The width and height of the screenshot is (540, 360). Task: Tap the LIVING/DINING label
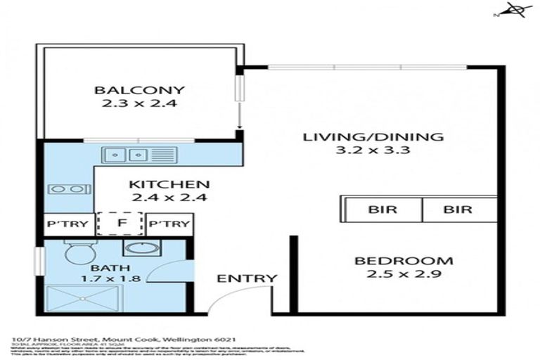point(373,136)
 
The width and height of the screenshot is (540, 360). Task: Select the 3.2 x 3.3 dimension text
point(373,150)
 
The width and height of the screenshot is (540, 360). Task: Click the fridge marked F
point(121,224)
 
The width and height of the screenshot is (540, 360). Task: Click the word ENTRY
point(247,278)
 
